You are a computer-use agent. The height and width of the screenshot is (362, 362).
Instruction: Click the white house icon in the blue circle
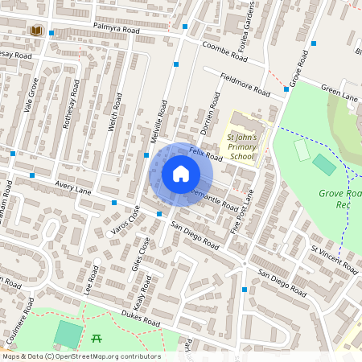coord(181,173)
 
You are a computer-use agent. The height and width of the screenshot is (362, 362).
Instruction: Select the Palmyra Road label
coord(114,31)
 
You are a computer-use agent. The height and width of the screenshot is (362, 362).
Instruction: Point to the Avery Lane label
coord(72,190)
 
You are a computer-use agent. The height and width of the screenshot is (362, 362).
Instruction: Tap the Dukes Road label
coord(141,319)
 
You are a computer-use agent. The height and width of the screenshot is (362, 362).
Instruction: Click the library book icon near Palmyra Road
coord(35,31)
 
